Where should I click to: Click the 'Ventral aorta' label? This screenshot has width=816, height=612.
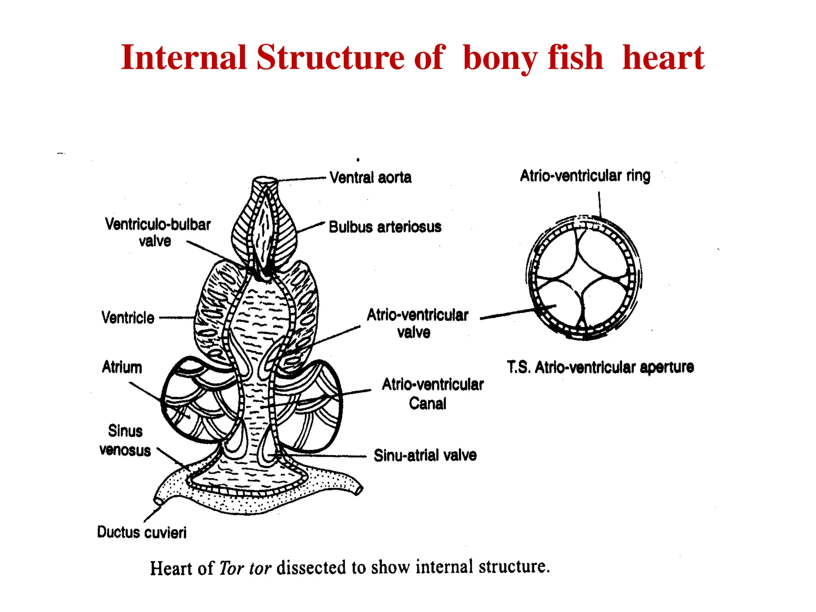click(x=371, y=177)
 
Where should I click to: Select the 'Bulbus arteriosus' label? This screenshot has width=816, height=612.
click(x=385, y=227)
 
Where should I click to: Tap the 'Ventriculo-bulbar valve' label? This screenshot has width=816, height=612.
click(x=158, y=233)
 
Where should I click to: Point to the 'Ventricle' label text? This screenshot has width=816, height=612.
click(x=128, y=318)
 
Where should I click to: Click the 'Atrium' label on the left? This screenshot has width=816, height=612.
click(x=122, y=367)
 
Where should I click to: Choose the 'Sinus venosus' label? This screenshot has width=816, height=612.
click(x=125, y=441)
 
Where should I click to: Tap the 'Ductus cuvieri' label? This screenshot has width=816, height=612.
click(x=142, y=532)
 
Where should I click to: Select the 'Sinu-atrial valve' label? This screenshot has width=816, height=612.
click(x=425, y=455)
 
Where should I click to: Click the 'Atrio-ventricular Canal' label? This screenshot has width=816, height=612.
click(x=433, y=394)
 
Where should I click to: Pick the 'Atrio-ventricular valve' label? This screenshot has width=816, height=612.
click(x=417, y=323)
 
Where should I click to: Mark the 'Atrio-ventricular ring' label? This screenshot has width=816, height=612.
click(x=585, y=176)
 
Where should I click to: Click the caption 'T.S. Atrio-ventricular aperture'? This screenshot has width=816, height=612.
click(x=600, y=367)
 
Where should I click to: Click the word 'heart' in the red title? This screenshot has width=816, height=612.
click(x=663, y=57)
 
